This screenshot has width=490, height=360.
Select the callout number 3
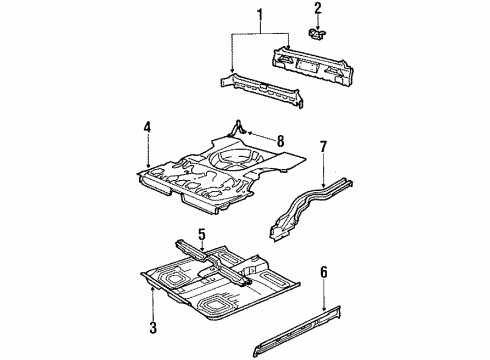tap(153, 327)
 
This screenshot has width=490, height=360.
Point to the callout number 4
tap(147, 127)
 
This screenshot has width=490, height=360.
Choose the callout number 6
tap(323, 271)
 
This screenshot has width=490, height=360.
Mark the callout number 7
tap(322, 149)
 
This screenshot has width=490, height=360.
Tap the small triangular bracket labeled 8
tap(239, 128)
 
